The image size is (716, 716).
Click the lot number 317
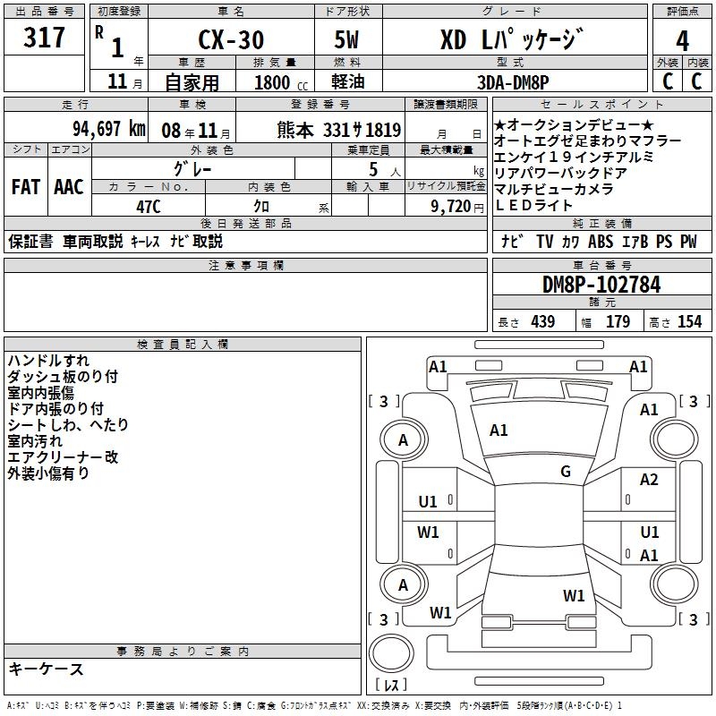pos(46,38)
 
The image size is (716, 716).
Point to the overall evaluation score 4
pos(683,41)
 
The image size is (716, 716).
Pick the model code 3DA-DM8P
pos(514,81)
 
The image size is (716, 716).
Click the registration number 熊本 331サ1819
pos(338,129)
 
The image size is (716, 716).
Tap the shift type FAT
pos(25,186)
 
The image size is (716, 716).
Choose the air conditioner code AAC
pos(69,186)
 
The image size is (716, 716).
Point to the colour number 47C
pos(148,206)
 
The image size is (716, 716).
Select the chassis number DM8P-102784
pos(601,286)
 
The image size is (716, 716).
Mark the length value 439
pos(542,321)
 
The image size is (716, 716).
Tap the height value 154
pos(689,321)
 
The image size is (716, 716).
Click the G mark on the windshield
pos(566,472)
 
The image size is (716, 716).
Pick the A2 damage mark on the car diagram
pos(649,480)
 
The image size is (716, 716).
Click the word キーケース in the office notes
pos(47,669)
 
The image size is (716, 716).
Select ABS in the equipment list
pos(601,241)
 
